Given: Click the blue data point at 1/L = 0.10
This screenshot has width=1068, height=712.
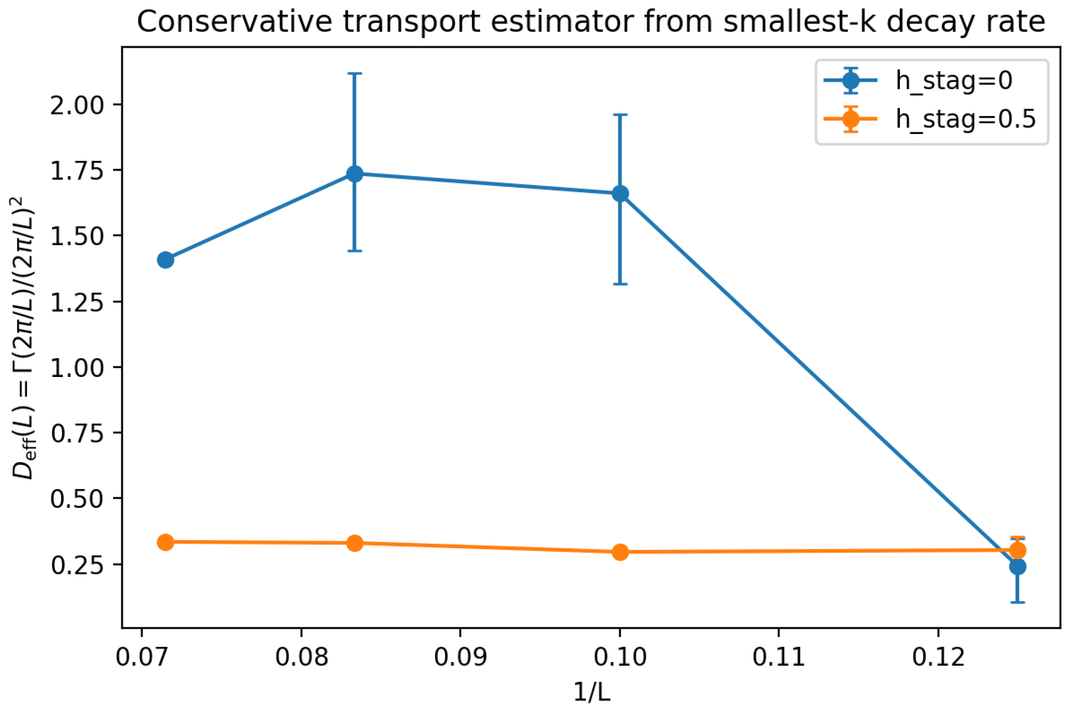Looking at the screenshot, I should coord(620,194).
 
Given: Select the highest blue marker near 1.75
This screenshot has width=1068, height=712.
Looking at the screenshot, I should coord(355,174).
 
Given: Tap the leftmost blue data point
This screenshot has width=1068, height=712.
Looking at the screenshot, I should coord(166,260).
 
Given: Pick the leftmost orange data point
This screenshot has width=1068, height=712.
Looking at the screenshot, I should coord(166,542).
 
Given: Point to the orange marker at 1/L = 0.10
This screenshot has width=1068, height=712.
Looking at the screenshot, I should coord(620,552).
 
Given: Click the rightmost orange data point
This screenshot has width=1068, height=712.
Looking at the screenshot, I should coord(1017,550).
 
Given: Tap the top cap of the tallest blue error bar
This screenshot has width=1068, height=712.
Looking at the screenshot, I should coord(355,73).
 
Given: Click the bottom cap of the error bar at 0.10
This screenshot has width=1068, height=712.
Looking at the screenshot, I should coord(620,284).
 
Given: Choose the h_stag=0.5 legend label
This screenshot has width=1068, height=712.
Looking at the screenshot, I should coord(965,119).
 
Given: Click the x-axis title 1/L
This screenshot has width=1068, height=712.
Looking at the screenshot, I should coord(591,692).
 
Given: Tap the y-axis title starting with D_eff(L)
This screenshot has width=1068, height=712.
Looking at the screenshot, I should coord(24,338).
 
